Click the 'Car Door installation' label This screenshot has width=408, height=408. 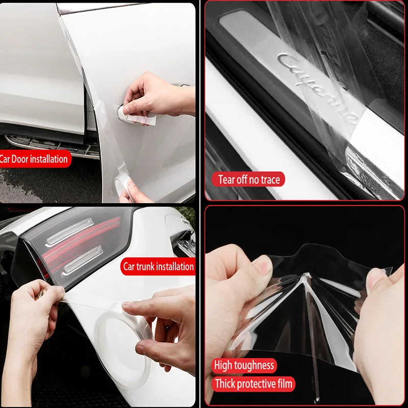(x=34, y=159)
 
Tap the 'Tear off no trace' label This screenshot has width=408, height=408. (x=248, y=180)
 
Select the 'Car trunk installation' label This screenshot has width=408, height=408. (x=158, y=266)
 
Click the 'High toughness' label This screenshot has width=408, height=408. (x=244, y=365)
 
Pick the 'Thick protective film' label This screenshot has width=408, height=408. (x=253, y=384)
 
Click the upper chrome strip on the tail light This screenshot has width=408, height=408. (x=69, y=232)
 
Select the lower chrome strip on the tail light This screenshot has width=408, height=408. (x=82, y=261)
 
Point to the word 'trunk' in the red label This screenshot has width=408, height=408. (x=146, y=266)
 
